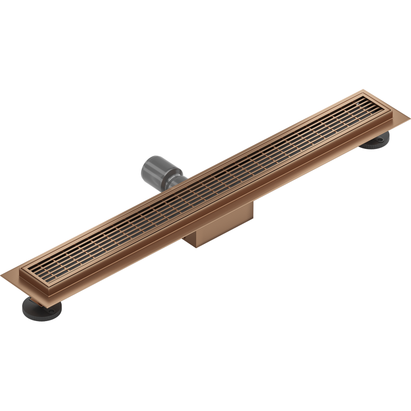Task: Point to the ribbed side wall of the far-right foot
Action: (372, 147)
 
